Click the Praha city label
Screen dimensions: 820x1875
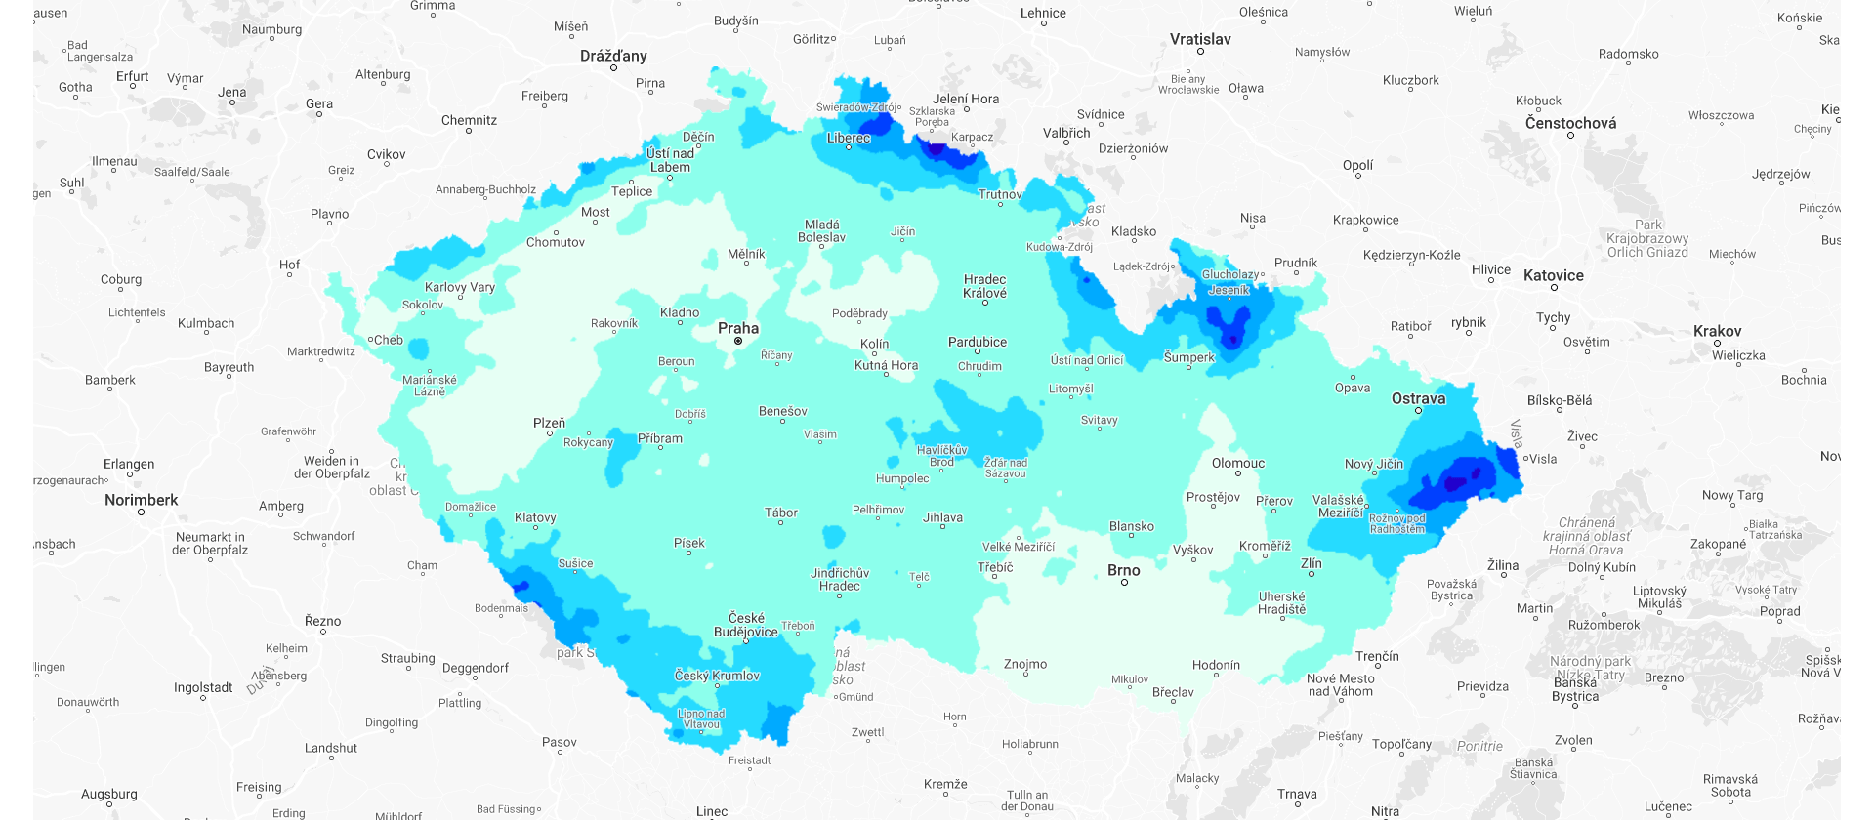(737, 328)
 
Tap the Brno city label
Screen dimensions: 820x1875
(1123, 570)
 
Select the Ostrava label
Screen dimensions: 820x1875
(1418, 398)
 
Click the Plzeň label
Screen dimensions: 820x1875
(549, 423)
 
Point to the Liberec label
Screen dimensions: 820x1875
(848, 138)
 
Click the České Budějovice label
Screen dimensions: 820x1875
(746, 625)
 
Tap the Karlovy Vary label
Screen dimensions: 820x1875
(459, 287)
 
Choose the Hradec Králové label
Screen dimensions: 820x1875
(984, 286)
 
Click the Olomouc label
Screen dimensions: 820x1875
(1237, 463)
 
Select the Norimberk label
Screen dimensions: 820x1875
(142, 500)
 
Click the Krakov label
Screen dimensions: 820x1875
(1717, 331)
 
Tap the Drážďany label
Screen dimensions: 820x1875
(613, 56)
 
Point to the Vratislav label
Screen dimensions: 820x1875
(1200, 39)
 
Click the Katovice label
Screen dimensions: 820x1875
(1553, 275)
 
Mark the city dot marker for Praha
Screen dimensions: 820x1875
(738, 341)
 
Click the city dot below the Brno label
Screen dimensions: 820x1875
(1124, 583)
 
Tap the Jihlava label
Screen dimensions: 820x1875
(942, 517)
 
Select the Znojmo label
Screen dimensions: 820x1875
(1024, 664)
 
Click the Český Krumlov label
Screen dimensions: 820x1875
(717, 676)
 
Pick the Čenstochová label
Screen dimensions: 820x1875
(1570, 123)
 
